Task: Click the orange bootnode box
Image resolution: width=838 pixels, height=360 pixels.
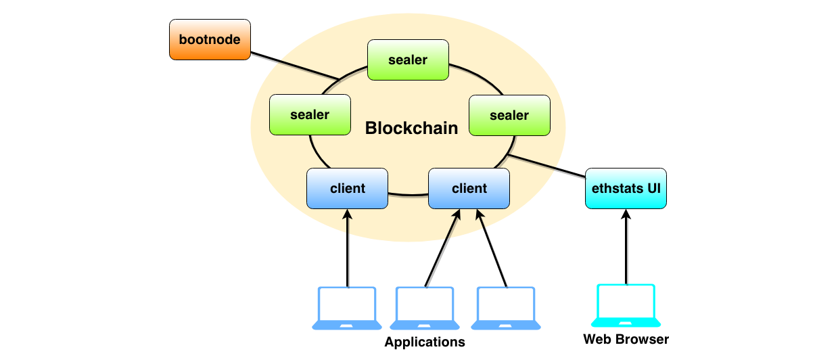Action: click(x=210, y=39)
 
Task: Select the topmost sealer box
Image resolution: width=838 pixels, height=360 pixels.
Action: click(x=408, y=60)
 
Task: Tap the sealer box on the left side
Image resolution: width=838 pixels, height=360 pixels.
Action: click(x=310, y=114)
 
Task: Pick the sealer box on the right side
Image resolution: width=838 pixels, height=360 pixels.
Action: click(x=509, y=115)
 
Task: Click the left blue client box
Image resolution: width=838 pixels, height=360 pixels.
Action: click(x=347, y=188)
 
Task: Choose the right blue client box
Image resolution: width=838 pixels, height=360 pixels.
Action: click(x=469, y=188)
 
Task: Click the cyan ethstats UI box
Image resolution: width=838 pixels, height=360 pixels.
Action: click(x=626, y=188)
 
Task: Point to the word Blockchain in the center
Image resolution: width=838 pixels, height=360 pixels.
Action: click(x=411, y=128)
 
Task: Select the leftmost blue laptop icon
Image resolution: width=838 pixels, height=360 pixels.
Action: click(x=347, y=308)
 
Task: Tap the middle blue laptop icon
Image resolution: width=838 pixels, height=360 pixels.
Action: click(x=425, y=308)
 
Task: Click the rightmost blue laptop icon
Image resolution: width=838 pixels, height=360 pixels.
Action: click(x=506, y=308)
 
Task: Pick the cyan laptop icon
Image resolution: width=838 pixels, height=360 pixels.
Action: click(x=626, y=305)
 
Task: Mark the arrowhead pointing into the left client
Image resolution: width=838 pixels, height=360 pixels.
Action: click(x=348, y=215)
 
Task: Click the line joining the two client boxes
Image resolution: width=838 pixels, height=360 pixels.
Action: click(x=408, y=194)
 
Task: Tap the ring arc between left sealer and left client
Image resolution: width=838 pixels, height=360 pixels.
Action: click(x=315, y=152)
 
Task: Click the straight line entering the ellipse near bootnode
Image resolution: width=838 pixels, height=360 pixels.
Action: click(x=308, y=70)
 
